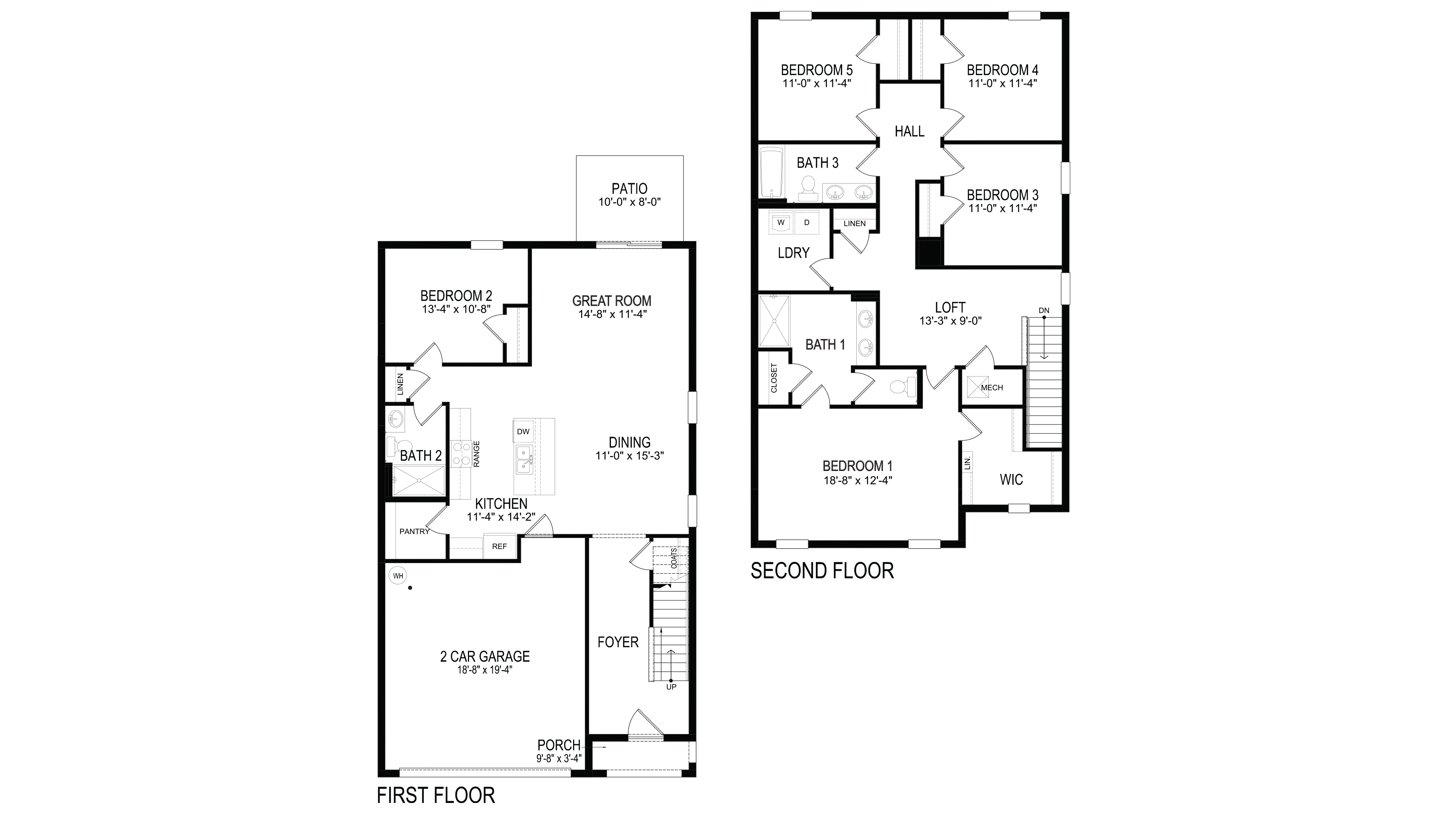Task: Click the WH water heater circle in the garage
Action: (398, 576)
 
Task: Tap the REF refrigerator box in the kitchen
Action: (499, 546)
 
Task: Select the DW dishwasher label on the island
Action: (523, 431)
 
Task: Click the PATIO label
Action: (629, 189)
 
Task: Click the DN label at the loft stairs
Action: (1044, 311)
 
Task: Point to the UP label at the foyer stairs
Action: (671, 687)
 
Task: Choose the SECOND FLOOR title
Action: (822, 571)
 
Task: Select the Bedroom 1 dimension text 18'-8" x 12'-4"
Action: (857, 480)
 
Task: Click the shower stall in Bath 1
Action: (774, 321)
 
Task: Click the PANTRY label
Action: (414, 531)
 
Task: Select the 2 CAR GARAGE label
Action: (485, 656)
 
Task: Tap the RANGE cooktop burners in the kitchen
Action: (461, 454)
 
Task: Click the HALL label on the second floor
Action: (909, 131)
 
